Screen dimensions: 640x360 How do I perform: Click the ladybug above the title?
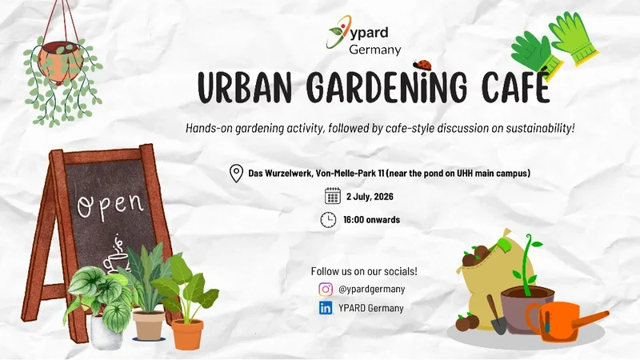(422, 64)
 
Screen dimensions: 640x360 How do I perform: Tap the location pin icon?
(236, 173)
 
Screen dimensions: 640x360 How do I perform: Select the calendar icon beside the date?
(333, 195)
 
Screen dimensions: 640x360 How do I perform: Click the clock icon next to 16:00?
(328, 219)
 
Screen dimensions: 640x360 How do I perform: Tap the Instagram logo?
(326, 289)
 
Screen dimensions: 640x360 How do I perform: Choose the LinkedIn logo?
(326, 308)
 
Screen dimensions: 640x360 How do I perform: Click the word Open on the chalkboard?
(110, 205)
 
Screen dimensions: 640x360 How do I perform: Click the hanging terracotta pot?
(61, 62)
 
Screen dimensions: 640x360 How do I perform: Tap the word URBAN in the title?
(244, 87)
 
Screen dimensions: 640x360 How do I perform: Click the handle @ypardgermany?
(371, 289)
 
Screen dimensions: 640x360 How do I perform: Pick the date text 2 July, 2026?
(370, 196)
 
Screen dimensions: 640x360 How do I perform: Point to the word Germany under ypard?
(374, 50)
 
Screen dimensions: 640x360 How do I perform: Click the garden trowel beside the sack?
(497, 314)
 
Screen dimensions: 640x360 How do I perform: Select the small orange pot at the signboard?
(187, 334)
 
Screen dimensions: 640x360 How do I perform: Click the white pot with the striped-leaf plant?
(106, 333)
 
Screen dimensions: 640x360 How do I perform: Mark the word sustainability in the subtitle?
(540, 128)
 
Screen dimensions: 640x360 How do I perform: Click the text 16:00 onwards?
(371, 219)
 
